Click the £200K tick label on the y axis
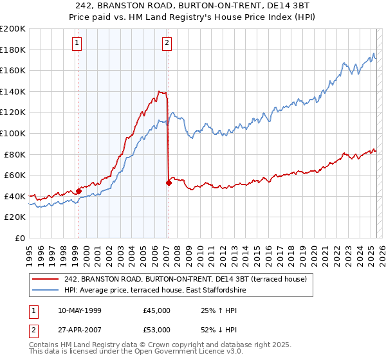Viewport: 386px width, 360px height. (x=13, y=29)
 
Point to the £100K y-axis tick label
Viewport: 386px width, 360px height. (x=13, y=133)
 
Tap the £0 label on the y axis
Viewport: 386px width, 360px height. (x=19, y=238)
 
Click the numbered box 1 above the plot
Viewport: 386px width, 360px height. (x=77, y=43)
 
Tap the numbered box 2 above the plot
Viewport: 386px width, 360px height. (x=167, y=43)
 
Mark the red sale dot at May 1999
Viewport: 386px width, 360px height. (x=78, y=191)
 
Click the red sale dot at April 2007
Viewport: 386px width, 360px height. (x=169, y=183)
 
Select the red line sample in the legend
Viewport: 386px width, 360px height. (x=46, y=279)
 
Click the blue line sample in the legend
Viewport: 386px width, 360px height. (x=46, y=290)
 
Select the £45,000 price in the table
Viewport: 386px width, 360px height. (x=157, y=310)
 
